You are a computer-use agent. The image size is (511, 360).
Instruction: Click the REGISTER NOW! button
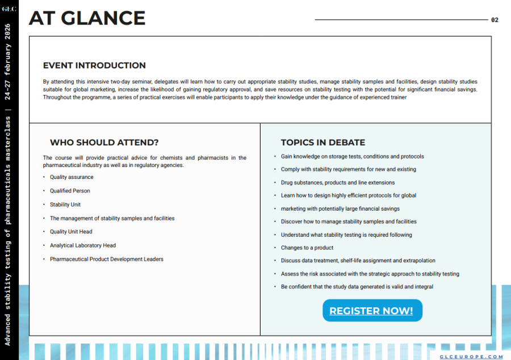click(x=372, y=311)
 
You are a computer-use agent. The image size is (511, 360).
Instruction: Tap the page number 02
click(x=495, y=20)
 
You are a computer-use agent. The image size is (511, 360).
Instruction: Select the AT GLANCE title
click(x=87, y=18)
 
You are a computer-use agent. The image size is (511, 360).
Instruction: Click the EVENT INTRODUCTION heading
click(x=94, y=65)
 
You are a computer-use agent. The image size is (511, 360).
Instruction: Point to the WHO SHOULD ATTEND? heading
click(x=104, y=143)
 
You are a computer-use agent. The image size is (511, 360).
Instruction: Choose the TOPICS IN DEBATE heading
click(x=322, y=143)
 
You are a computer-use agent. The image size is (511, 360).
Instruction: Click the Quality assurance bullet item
click(x=72, y=177)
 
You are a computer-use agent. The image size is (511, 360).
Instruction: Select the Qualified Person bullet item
click(x=70, y=191)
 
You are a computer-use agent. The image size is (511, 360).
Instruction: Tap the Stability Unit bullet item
click(x=65, y=204)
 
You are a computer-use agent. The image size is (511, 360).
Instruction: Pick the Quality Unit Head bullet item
click(x=71, y=232)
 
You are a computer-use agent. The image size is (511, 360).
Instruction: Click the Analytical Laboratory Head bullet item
click(x=83, y=245)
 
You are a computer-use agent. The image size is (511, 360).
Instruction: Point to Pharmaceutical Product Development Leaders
click(x=107, y=259)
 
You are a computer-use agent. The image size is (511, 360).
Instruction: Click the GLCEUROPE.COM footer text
click(x=471, y=357)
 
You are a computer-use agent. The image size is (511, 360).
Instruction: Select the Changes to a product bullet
click(x=307, y=248)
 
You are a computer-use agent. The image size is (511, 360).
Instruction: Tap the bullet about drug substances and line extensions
click(x=337, y=182)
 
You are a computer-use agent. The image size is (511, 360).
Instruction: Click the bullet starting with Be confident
click(x=357, y=287)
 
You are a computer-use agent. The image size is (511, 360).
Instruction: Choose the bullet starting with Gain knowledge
click(x=352, y=156)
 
